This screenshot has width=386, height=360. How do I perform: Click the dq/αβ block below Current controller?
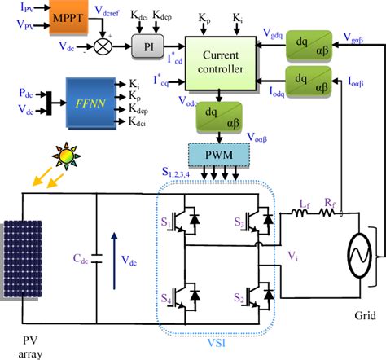coord(213,120)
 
